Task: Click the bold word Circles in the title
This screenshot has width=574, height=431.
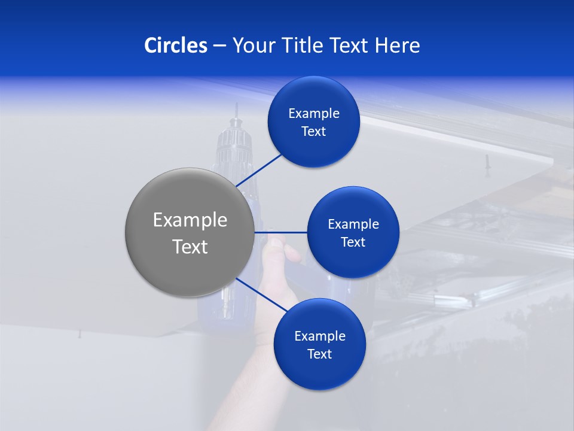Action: [x=176, y=45]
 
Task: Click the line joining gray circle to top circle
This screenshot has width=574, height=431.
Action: [x=259, y=169]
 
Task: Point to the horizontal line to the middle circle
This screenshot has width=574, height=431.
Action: [x=280, y=232]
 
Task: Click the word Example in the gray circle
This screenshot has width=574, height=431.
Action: [x=190, y=220]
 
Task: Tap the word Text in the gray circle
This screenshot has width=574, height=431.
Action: [x=190, y=247]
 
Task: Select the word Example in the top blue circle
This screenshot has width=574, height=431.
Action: [x=314, y=114]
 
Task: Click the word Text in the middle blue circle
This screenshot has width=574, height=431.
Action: [x=353, y=242]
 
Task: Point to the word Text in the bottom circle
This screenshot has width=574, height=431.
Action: [x=319, y=354]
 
